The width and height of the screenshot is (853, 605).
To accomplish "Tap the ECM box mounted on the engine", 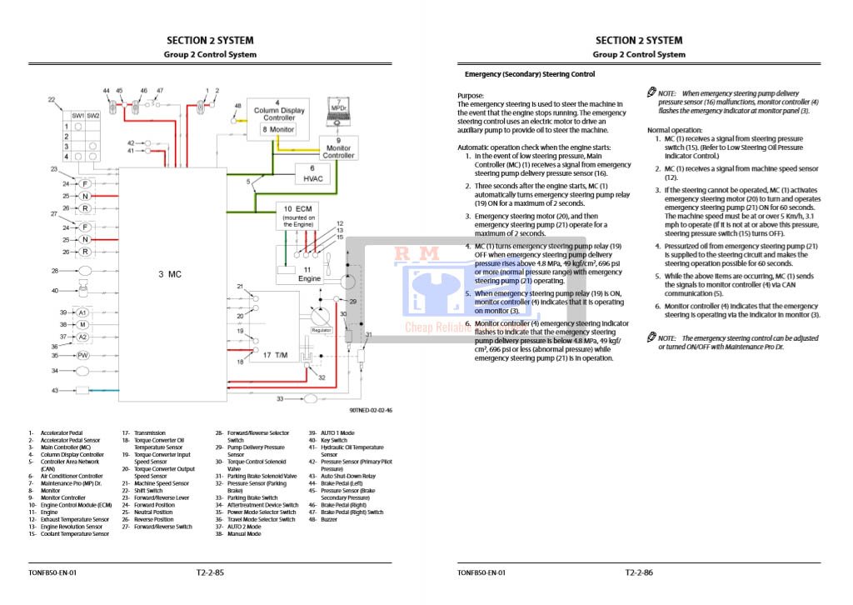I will tap(298, 215).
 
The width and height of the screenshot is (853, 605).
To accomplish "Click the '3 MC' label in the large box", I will tap(170, 273).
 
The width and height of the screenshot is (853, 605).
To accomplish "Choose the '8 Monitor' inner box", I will tap(278, 130).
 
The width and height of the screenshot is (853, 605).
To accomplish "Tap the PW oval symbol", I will tap(82, 355).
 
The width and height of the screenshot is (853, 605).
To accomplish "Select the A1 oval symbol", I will tap(82, 312).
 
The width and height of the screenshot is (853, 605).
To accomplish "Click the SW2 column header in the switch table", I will tap(92, 115).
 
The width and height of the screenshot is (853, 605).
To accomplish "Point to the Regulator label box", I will tap(322, 330).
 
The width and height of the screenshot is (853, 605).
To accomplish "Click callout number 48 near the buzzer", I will tap(238, 107).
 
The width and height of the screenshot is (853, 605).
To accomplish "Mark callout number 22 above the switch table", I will tap(52, 100).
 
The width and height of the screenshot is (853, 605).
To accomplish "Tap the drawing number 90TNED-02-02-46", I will tap(370, 410).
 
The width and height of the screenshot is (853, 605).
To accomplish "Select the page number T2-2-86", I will tap(639, 572).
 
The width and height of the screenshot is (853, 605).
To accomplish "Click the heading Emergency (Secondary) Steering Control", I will tap(529, 74).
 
